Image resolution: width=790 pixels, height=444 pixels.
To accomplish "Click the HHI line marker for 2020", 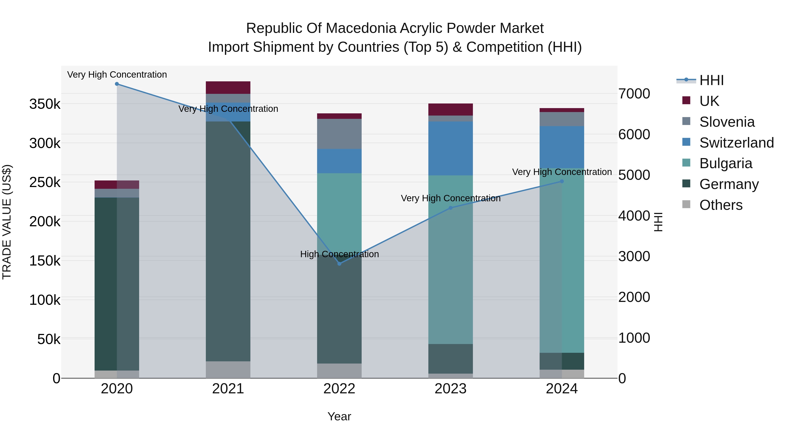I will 117,84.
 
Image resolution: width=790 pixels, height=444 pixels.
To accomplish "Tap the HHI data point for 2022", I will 339,264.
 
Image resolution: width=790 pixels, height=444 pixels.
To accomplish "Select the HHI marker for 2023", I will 451,208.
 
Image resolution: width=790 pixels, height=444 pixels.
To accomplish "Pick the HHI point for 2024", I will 562,181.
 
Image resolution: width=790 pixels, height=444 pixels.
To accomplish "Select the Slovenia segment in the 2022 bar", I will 339,134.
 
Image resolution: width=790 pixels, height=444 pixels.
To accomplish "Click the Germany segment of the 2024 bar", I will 562,361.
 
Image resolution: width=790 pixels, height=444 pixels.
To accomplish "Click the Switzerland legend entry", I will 736,143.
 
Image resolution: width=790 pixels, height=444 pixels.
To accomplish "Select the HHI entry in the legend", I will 711,80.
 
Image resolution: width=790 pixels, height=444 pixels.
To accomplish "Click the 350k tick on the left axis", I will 45,104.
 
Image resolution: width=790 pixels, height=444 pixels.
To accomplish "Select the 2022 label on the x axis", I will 339,389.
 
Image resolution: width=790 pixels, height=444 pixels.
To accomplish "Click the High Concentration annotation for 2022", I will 339,254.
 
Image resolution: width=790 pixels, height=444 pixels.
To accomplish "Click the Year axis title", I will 339,416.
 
